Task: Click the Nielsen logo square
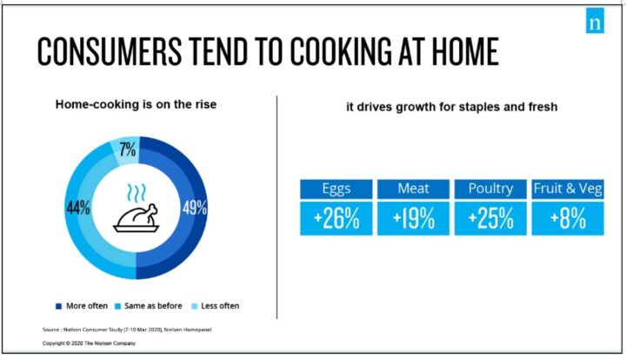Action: pos(595,21)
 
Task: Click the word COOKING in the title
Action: pos(341,51)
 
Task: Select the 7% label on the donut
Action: pos(128,150)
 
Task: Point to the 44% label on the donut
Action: pos(78,208)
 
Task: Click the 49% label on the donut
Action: pos(195,208)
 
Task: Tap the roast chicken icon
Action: pos(137,218)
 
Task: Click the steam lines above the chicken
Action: pos(137,193)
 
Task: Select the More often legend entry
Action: pos(82,306)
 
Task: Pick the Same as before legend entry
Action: pos(148,306)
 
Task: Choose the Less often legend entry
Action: pos(216,306)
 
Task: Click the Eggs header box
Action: pos(336,190)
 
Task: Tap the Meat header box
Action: pos(413,190)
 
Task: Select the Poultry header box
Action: pos(490,190)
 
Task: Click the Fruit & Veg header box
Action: pos(568,190)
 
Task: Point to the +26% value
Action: pos(336,219)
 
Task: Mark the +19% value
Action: pos(413,219)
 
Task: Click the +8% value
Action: pos(568,219)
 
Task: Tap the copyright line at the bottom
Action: pos(89,343)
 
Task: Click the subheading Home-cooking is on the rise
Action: pos(136,104)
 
